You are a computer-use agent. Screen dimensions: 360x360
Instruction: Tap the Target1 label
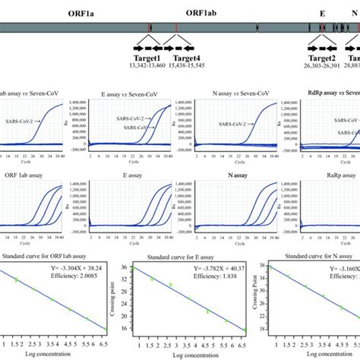click(x=147, y=57)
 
